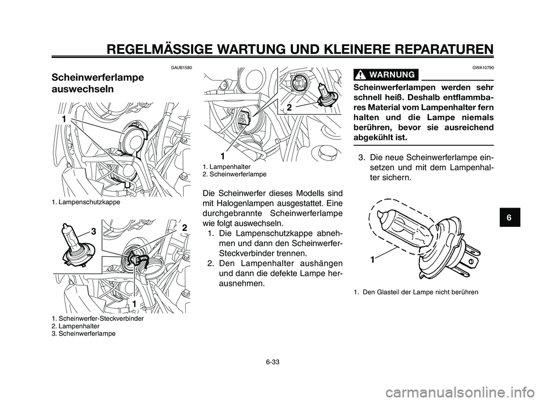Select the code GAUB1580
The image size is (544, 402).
[x=181, y=67]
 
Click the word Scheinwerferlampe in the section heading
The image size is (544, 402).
[x=97, y=77]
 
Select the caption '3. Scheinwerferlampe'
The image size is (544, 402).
[x=83, y=333]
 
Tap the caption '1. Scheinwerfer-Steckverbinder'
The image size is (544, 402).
[x=97, y=319]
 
